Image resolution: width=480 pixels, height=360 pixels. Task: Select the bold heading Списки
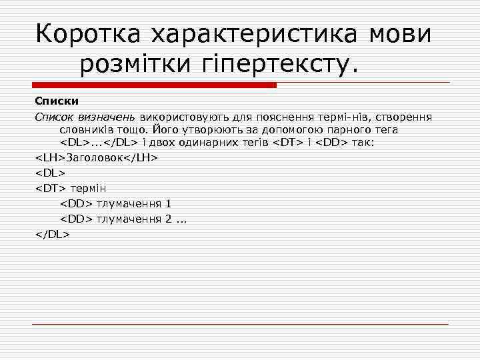(57, 101)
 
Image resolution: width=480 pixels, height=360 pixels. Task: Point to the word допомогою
(293, 129)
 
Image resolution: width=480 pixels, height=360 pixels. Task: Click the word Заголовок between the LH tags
(95, 157)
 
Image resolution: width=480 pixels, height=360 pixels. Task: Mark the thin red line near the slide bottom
(240, 324)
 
